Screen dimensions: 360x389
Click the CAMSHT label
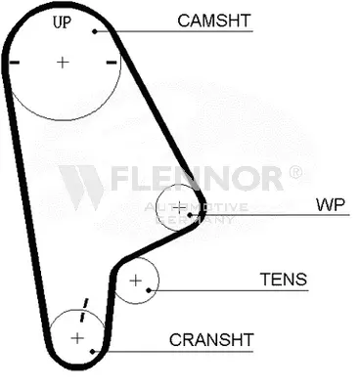(x=214, y=21)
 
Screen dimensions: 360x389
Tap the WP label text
(x=331, y=204)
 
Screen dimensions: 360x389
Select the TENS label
(x=284, y=280)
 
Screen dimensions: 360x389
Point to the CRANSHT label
(x=211, y=340)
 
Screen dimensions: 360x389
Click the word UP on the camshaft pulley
(x=62, y=22)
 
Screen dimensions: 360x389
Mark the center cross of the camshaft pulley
(x=63, y=62)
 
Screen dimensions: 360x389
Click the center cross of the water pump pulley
(x=179, y=207)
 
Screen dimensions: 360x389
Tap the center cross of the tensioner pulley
(x=136, y=281)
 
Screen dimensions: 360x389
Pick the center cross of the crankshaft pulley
(x=77, y=338)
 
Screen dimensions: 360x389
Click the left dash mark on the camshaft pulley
(x=15, y=63)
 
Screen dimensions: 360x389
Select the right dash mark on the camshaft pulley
(x=112, y=63)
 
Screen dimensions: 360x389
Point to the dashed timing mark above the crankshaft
(x=84, y=310)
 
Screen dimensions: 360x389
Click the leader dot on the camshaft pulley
(x=95, y=31)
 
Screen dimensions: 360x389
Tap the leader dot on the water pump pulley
(x=190, y=215)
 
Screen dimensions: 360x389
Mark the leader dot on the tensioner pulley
(x=149, y=290)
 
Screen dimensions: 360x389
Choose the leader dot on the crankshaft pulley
(x=93, y=352)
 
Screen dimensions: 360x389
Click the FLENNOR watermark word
(x=197, y=178)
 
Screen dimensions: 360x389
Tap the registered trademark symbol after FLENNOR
(x=295, y=173)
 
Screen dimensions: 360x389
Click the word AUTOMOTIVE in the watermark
(x=197, y=207)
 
